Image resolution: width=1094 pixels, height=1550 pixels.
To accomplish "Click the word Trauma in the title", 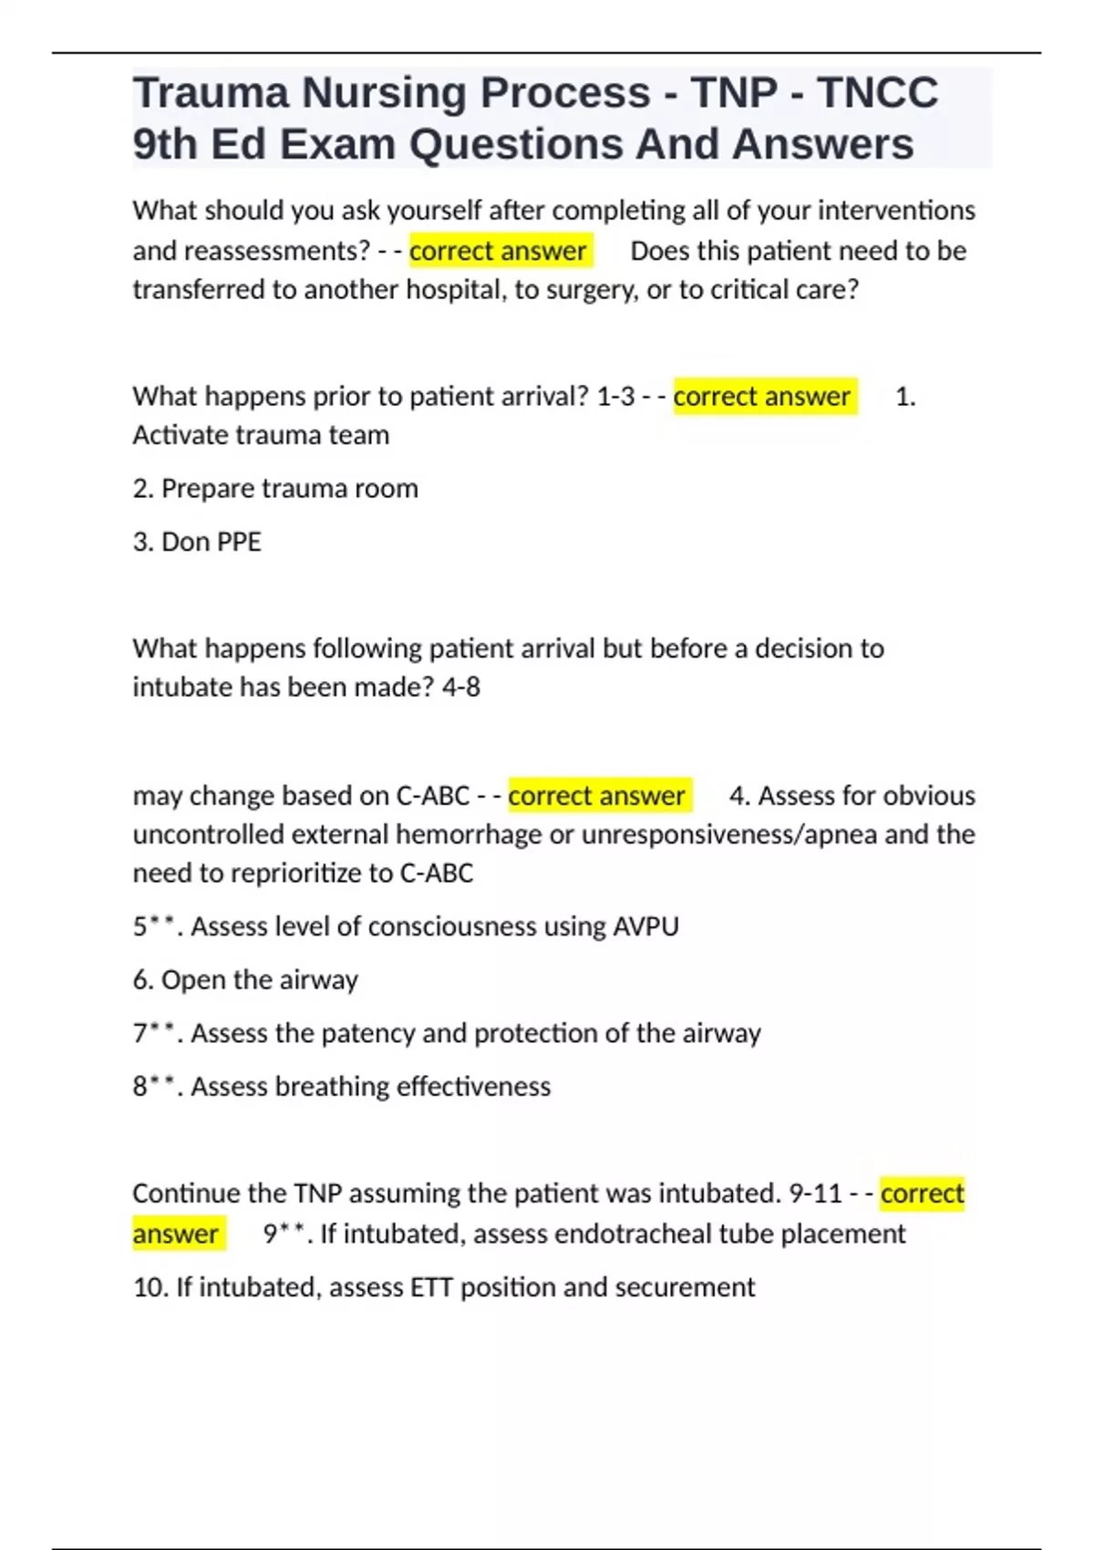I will click(x=211, y=93).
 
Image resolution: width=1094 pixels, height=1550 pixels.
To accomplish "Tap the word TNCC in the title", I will click(x=877, y=93).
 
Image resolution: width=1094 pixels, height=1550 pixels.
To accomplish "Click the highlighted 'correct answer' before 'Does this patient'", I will click(x=498, y=251).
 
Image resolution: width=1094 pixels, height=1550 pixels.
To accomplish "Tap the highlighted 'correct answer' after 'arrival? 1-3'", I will click(x=762, y=397).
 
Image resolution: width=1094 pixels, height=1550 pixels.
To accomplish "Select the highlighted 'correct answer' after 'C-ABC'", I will click(x=596, y=796).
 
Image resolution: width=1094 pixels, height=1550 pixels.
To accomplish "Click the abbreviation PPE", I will click(x=236, y=542).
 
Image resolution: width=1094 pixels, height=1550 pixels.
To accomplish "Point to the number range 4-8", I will click(x=460, y=687).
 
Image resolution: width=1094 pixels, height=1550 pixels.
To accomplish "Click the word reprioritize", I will click(x=299, y=873).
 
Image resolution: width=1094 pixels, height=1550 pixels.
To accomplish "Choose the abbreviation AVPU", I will click(x=645, y=926).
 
